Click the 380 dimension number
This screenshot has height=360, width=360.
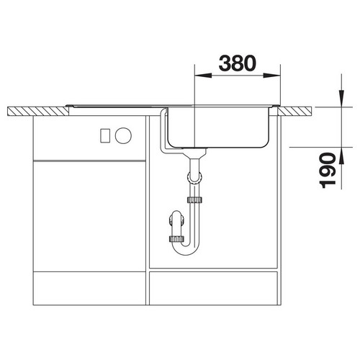[238, 63]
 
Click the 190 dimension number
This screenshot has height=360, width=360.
[328, 171]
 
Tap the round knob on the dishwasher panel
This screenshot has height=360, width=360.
[123, 135]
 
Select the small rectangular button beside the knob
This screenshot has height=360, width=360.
[105, 136]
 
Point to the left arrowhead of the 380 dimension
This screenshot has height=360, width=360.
[203, 76]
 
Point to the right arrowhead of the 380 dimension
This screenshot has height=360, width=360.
[271, 76]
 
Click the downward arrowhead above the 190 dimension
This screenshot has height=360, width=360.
[341, 98]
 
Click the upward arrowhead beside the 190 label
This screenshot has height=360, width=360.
[341, 156]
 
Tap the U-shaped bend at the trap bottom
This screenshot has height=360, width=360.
[186, 250]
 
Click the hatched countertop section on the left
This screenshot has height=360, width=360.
[38, 112]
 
